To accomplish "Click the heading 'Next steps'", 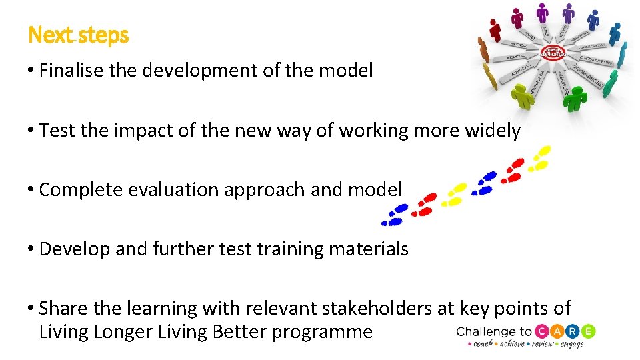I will click(x=78, y=35).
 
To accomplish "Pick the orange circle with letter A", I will click(x=559, y=331).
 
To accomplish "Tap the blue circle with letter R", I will click(x=573, y=331).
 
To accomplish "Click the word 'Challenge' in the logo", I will click(x=486, y=331).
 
